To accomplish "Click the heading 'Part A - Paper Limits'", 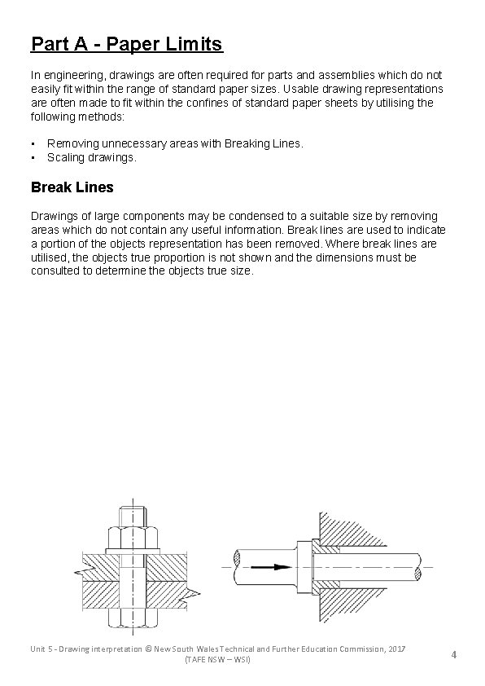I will (x=126, y=42).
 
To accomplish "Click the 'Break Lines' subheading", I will (x=72, y=187).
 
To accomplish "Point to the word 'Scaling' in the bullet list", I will (x=66, y=157).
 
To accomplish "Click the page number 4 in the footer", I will (x=453, y=654).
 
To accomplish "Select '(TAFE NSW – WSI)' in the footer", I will (x=218, y=658).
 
